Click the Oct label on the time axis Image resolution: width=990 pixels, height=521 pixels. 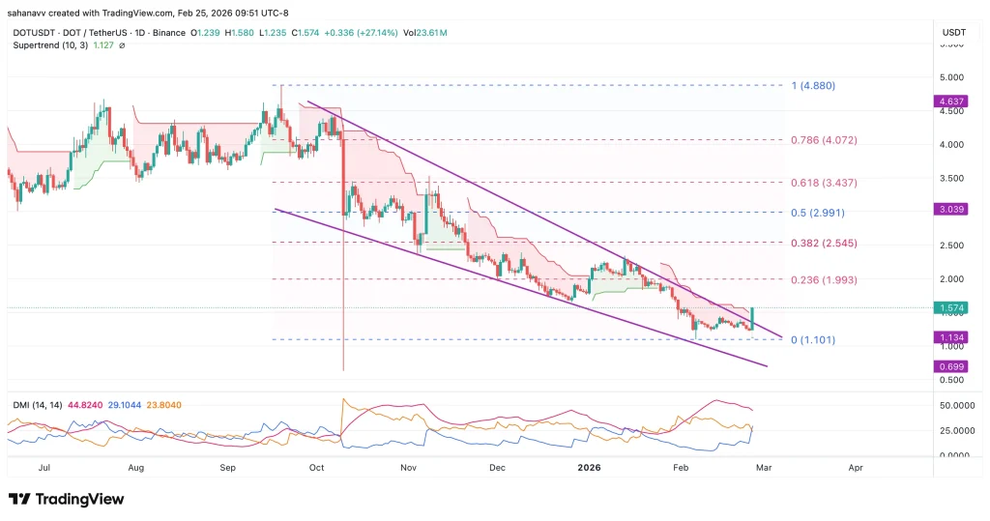pos(316,468)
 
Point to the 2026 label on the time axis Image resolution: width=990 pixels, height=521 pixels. pos(589,468)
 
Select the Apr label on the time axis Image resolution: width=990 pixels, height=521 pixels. pos(855,468)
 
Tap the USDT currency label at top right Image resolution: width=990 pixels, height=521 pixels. pos(953,34)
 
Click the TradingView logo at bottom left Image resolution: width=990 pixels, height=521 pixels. pos(67,499)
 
